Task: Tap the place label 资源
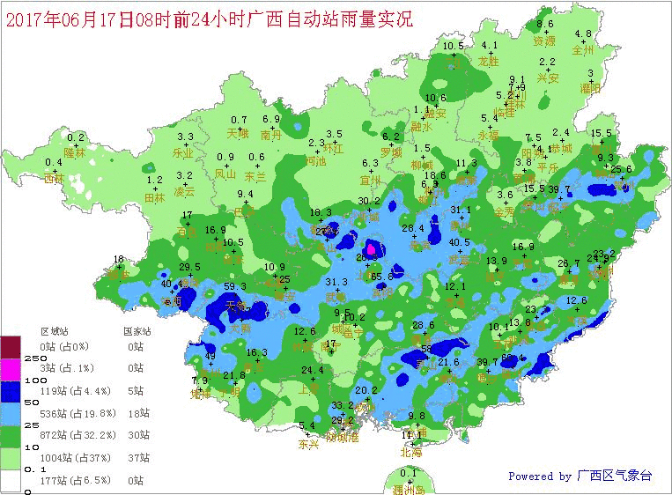[x=544, y=41]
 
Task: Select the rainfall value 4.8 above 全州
[x=583, y=34]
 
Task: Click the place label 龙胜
[x=489, y=61]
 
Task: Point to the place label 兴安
[x=548, y=78]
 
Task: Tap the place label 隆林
[x=76, y=152]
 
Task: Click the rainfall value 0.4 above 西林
[x=54, y=162]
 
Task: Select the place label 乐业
[x=182, y=152]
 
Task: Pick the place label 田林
[x=154, y=198]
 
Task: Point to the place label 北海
[x=410, y=453]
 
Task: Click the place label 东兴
[x=308, y=445]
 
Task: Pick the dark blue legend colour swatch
[x=11, y=388]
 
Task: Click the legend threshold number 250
[x=11, y=359]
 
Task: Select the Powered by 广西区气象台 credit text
[x=580, y=477]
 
